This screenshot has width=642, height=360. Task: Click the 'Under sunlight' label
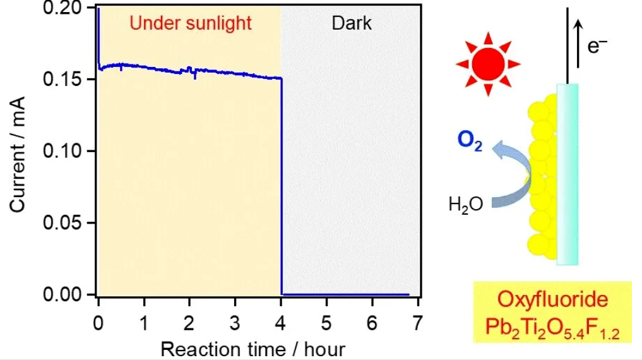(191, 23)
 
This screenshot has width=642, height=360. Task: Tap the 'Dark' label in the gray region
(352, 23)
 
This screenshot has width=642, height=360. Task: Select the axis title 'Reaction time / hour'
(253, 349)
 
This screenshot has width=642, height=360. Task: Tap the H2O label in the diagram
(466, 204)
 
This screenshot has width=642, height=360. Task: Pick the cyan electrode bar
(568, 174)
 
